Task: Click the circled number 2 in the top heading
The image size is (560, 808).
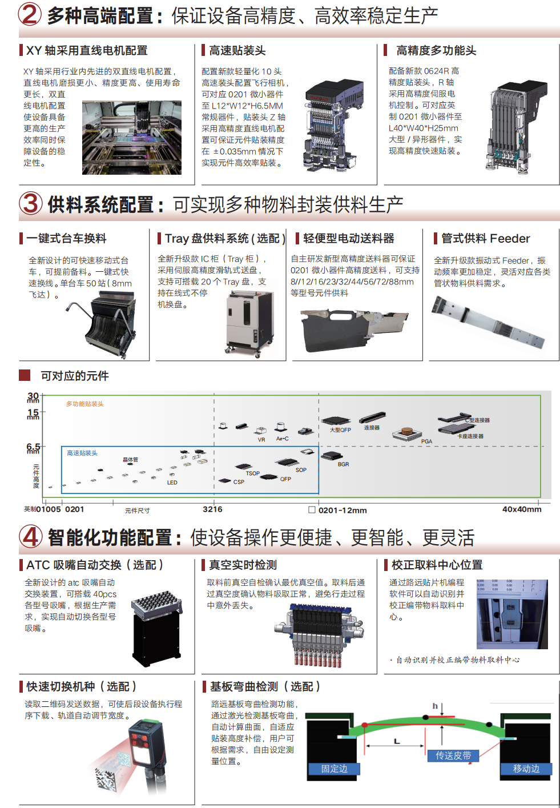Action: coord(30,14)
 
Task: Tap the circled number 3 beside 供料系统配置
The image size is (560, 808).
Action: coord(30,203)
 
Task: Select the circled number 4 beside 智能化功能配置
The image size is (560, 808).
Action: coord(30,537)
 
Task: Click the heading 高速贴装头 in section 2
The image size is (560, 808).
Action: coord(237,51)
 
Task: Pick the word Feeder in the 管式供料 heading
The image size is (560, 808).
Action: coord(510,239)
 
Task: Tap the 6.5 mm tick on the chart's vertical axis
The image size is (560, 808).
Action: coord(34,447)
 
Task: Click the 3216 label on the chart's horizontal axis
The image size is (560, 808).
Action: coord(212,509)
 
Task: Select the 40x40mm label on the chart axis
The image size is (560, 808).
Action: coord(521,509)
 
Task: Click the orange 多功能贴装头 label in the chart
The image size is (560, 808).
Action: coord(85,404)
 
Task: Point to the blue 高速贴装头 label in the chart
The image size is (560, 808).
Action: coord(82,453)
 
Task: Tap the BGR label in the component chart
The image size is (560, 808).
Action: coord(343,464)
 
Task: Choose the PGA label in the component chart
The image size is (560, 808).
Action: coord(426,441)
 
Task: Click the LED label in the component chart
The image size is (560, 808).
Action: coord(172,483)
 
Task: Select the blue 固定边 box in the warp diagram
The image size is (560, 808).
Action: coord(335,769)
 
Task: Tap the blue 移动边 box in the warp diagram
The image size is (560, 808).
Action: coord(526,769)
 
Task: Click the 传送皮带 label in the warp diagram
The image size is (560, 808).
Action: coord(453,755)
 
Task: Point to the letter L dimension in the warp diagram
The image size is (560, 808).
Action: coord(397,741)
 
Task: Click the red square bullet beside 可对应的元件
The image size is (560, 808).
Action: coord(25,375)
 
